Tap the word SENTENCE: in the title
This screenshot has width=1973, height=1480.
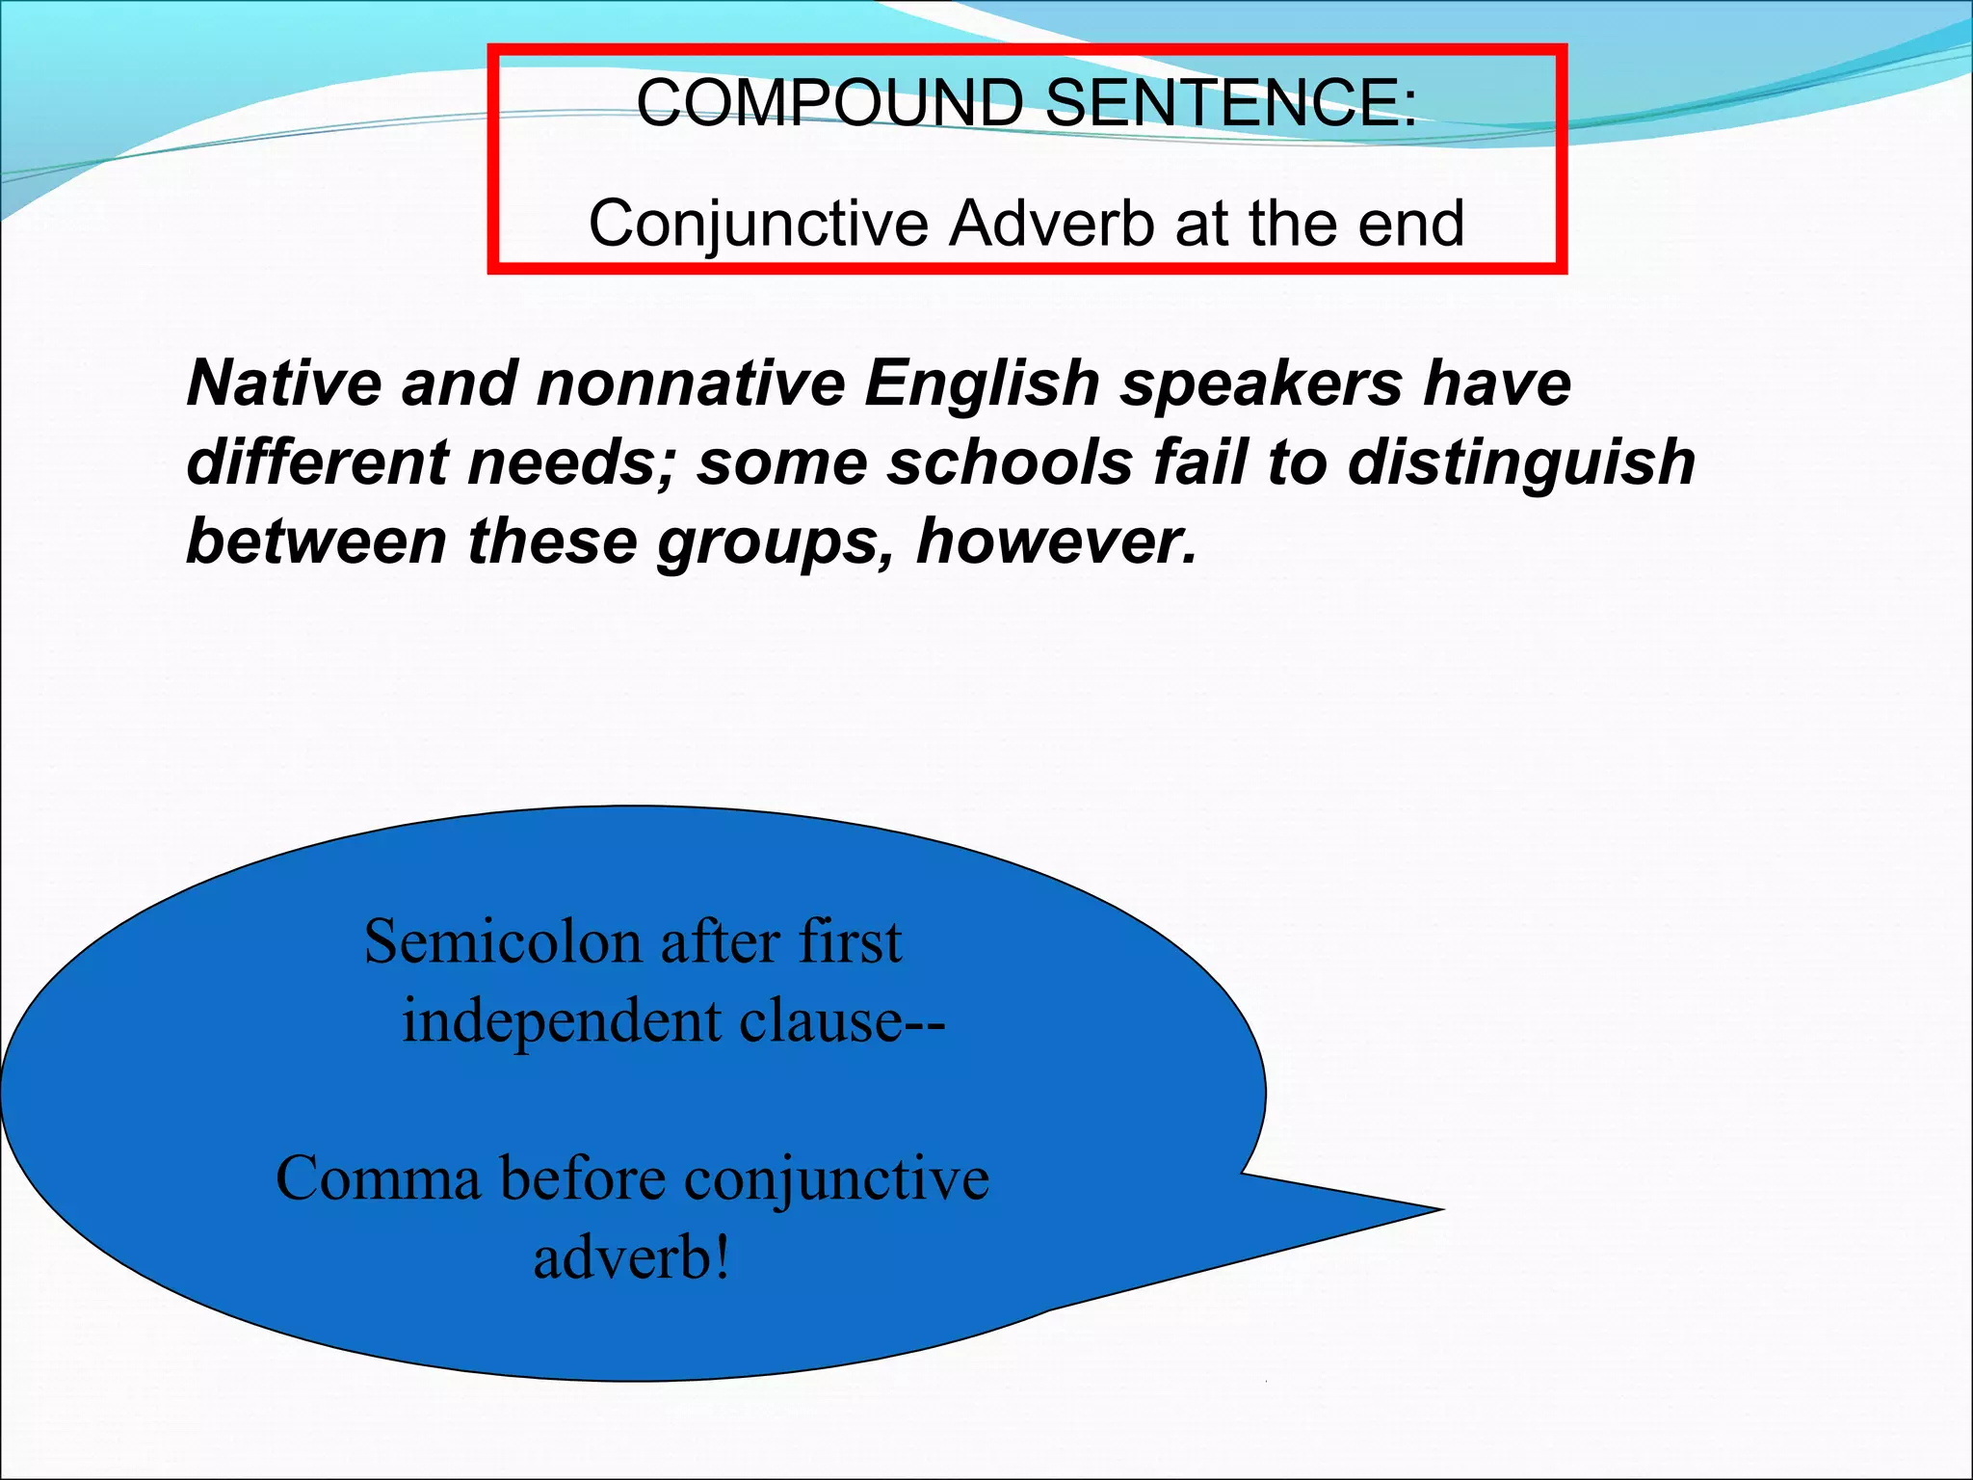(1231, 102)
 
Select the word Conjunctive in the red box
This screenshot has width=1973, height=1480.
(758, 224)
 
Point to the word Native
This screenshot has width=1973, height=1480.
(284, 383)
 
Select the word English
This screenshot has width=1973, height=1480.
(982, 384)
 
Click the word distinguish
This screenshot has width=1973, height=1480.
(1521, 463)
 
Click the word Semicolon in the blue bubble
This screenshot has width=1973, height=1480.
(502, 941)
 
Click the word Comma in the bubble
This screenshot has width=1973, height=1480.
(378, 1178)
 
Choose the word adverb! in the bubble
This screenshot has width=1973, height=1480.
(632, 1257)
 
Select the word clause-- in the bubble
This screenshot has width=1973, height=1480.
(842, 1020)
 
